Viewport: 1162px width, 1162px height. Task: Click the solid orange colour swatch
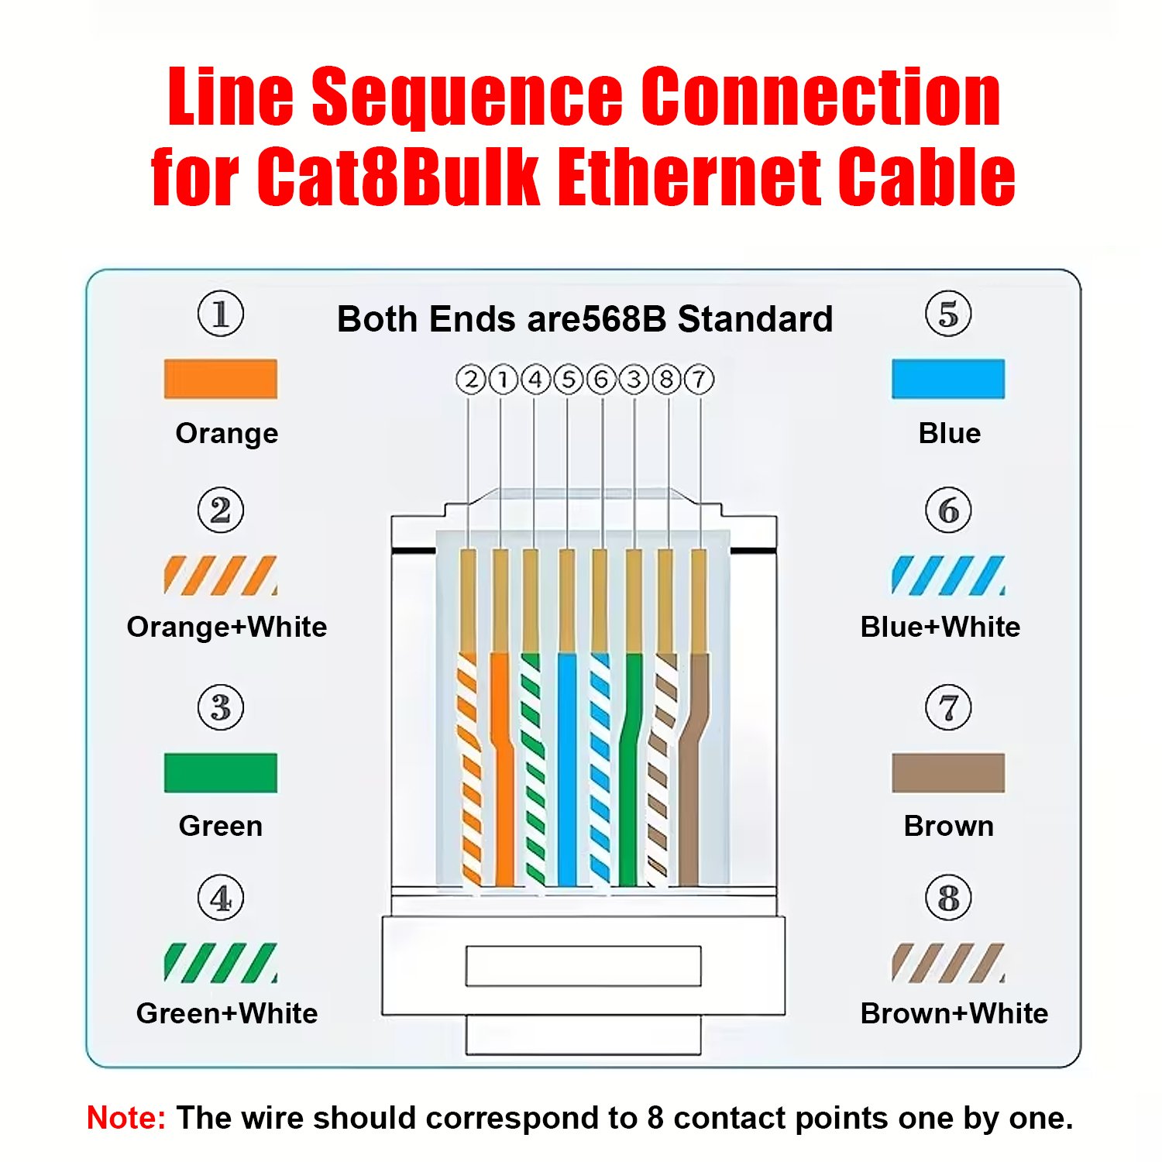coord(220,379)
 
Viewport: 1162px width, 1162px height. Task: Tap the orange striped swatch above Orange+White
coord(220,575)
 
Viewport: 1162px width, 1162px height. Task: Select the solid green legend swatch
coord(220,772)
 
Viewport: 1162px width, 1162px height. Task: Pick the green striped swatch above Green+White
coord(220,962)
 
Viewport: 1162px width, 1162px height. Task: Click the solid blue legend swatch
coord(947,379)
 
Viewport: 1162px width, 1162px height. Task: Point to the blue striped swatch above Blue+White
coord(947,575)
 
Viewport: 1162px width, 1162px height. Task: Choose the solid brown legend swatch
coord(947,772)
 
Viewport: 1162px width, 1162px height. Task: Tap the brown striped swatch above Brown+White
coord(947,962)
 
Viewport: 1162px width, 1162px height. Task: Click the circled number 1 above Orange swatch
coord(221,315)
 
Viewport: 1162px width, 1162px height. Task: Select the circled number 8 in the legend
coord(948,899)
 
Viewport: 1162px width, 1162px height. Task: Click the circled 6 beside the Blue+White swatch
coord(948,511)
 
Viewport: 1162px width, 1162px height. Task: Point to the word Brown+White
coord(954,1013)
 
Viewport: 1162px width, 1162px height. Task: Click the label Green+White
coord(226,1013)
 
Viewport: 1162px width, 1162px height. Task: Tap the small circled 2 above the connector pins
coord(470,380)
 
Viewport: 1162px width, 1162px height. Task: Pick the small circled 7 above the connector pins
coord(699,380)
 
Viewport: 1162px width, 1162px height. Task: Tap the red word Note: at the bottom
coord(125,1118)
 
